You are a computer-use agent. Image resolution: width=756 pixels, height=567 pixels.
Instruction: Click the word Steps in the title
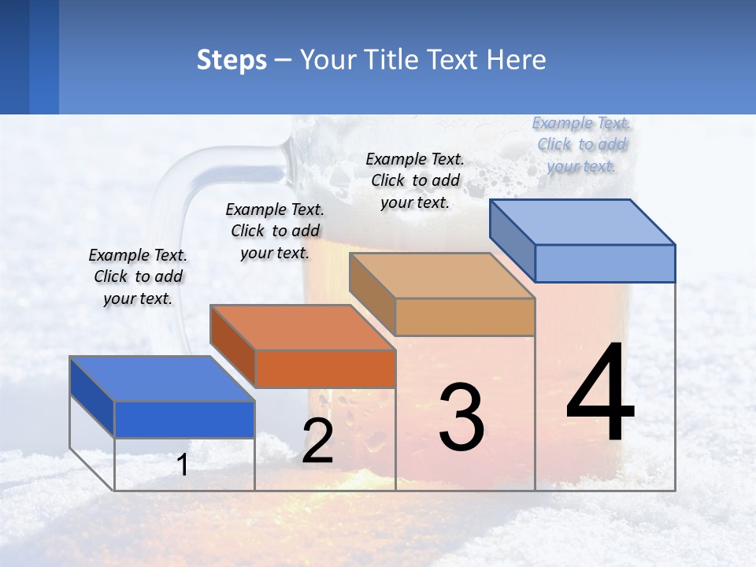click(232, 60)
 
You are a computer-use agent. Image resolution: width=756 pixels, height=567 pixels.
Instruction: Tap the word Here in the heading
click(516, 60)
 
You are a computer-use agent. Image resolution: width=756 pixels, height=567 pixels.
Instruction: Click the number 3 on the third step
click(461, 417)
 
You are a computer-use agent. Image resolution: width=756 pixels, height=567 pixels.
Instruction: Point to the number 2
click(317, 441)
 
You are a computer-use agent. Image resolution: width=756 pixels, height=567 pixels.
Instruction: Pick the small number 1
click(183, 465)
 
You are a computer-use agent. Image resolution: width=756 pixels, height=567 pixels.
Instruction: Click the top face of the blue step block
click(162, 379)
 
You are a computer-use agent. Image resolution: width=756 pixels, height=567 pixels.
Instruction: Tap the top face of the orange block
click(302, 327)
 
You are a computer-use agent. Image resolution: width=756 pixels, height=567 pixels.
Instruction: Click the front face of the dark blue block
click(184, 419)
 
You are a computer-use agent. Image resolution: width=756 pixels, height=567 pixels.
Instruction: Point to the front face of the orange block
click(325, 369)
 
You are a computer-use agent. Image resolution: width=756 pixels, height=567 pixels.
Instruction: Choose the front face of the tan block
click(465, 317)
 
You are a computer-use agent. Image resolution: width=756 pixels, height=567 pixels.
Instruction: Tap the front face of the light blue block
click(605, 263)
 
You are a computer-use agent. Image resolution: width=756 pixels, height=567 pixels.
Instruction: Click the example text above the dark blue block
click(138, 277)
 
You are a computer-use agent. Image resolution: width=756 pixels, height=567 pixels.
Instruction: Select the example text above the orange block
click(275, 232)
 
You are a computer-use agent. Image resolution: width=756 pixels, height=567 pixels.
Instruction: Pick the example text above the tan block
click(415, 180)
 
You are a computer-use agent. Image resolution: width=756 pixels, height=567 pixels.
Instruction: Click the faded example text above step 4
click(581, 144)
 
